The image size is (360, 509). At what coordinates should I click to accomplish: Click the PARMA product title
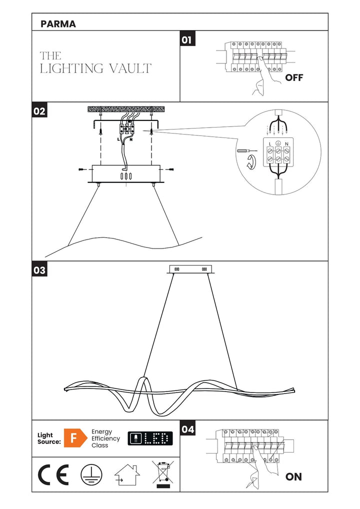coord(58,24)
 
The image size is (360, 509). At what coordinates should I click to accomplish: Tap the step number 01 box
coord(187,39)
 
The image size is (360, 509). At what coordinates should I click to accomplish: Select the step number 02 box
coord(39,111)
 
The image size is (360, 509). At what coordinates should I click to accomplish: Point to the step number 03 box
coord(39,270)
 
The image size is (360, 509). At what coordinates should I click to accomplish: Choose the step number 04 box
coord(187,428)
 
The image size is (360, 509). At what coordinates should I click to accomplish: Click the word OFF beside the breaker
coord(294,78)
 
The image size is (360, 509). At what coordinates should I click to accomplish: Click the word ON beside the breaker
coord(293,477)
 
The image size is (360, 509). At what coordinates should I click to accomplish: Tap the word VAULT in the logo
coord(129,68)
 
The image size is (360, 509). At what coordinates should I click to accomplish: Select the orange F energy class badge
coord(73,438)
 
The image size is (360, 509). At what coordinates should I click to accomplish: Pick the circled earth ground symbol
coord(91,474)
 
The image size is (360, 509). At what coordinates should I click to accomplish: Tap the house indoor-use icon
coord(127,475)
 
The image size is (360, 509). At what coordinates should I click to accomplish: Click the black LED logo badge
coord(150,438)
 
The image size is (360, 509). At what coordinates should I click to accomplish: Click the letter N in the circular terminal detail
coord(287,144)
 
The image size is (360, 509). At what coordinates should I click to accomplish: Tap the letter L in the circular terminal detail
coord(270,144)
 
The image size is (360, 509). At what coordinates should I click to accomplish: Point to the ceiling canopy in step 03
coord(191,269)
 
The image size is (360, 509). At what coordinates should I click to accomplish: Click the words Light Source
coord(49,438)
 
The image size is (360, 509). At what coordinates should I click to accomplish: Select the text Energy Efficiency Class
coord(105,438)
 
